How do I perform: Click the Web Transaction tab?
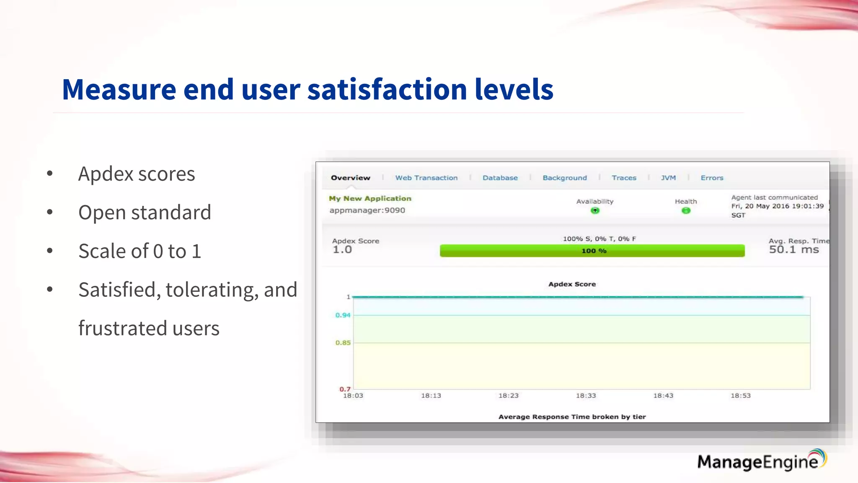[x=426, y=178]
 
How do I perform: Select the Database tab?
[x=500, y=178]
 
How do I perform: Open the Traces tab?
[x=624, y=178]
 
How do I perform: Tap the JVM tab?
[x=668, y=178]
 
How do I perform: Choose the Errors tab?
[x=712, y=178]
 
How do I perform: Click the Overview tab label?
[x=350, y=178]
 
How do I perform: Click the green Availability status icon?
[x=595, y=210]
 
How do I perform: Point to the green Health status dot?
[x=686, y=210]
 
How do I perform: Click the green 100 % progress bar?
[x=592, y=251]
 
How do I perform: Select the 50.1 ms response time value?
[x=793, y=249]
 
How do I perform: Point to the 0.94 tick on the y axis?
[x=343, y=315]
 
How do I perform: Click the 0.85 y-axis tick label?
[x=343, y=343]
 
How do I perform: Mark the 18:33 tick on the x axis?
[x=586, y=395]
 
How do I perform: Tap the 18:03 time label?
[x=353, y=395]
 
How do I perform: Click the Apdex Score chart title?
[x=572, y=284]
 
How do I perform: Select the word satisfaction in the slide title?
[x=387, y=89]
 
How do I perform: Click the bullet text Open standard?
[x=145, y=212]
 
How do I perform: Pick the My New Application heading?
[x=370, y=198]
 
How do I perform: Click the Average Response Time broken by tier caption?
[x=572, y=416]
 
